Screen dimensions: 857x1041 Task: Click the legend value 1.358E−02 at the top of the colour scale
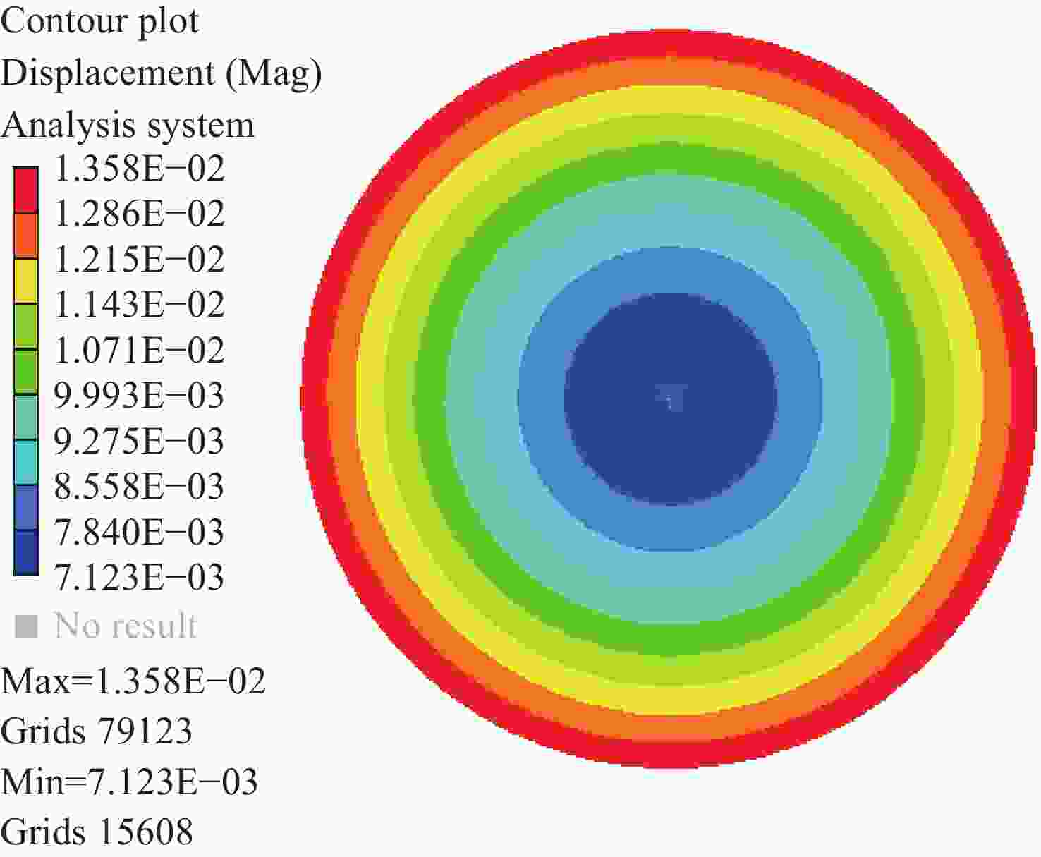[139, 169]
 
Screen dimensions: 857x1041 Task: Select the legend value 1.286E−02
[139, 214]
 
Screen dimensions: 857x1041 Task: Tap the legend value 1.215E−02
[139, 260]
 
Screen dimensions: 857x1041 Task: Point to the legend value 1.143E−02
[139, 305]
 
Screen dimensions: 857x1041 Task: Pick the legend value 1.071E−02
[139, 351]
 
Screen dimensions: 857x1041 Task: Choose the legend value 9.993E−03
[139, 396]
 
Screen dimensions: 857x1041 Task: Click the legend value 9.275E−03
[139, 442]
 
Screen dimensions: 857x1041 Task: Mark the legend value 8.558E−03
[139, 487]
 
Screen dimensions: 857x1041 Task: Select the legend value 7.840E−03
[139, 533]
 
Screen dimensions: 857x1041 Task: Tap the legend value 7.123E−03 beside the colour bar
[139, 578]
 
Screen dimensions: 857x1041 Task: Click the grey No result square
[26, 626]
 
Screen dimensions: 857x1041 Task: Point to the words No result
[126, 626]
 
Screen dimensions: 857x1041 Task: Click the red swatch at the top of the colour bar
[26, 190]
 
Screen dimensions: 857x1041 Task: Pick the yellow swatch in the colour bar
[26, 281]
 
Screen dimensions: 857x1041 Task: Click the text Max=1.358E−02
[133, 681]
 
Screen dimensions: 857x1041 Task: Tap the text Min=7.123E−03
[130, 782]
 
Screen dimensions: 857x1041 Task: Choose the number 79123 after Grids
[145, 731]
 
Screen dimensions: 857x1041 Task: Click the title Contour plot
[99, 21]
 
